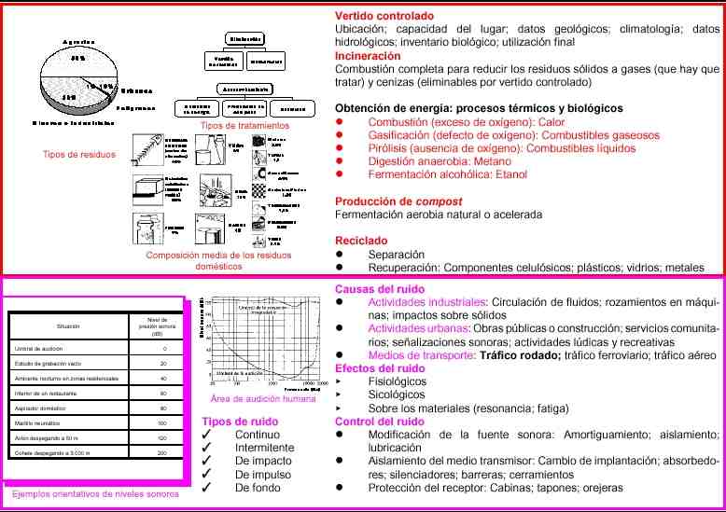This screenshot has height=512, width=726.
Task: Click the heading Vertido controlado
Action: coord(384,16)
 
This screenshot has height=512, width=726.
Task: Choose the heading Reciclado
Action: coord(361,241)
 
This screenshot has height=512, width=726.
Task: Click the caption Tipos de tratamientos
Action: coord(241,125)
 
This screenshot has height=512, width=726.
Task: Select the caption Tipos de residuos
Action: coord(79,154)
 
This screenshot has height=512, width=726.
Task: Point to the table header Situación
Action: coord(68,327)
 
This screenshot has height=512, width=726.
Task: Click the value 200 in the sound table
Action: coord(163,452)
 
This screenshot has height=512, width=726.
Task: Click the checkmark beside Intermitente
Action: coord(217,448)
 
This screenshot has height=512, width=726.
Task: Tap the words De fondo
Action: coord(258,487)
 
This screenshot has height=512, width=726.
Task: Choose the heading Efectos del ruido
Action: coord(380,368)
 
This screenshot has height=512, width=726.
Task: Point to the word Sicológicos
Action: coord(397,394)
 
